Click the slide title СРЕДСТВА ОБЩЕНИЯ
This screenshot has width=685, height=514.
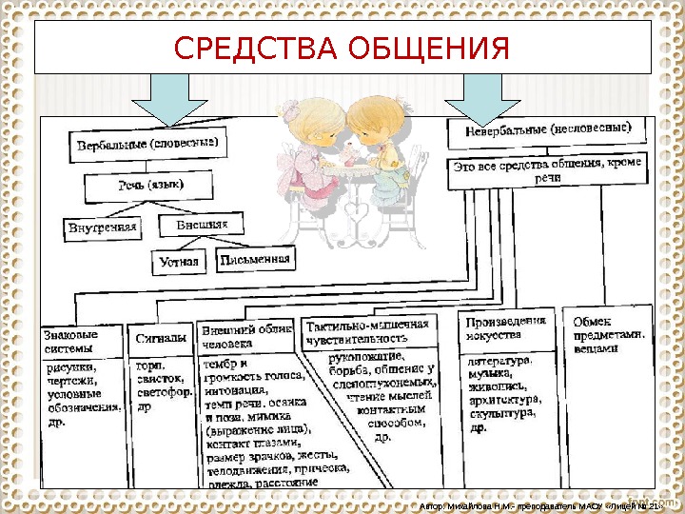pyautogui.click(x=342, y=49)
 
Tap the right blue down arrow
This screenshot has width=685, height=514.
pyautogui.click(x=481, y=97)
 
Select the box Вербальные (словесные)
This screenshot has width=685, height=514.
pyautogui.click(x=147, y=146)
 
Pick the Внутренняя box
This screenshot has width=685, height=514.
pyautogui.click(x=103, y=227)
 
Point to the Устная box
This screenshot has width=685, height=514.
pyautogui.click(x=179, y=261)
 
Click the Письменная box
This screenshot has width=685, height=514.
pyautogui.click(x=254, y=258)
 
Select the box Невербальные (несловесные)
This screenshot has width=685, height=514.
pyautogui.click(x=547, y=130)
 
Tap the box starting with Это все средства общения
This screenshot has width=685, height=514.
pyautogui.click(x=547, y=170)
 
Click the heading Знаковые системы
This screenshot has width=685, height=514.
pyautogui.click(x=82, y=341)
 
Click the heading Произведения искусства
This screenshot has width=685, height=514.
pyautogui.click(x=506, y=329)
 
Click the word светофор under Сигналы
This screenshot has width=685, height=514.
pyautogui.click(x=166, y=390)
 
